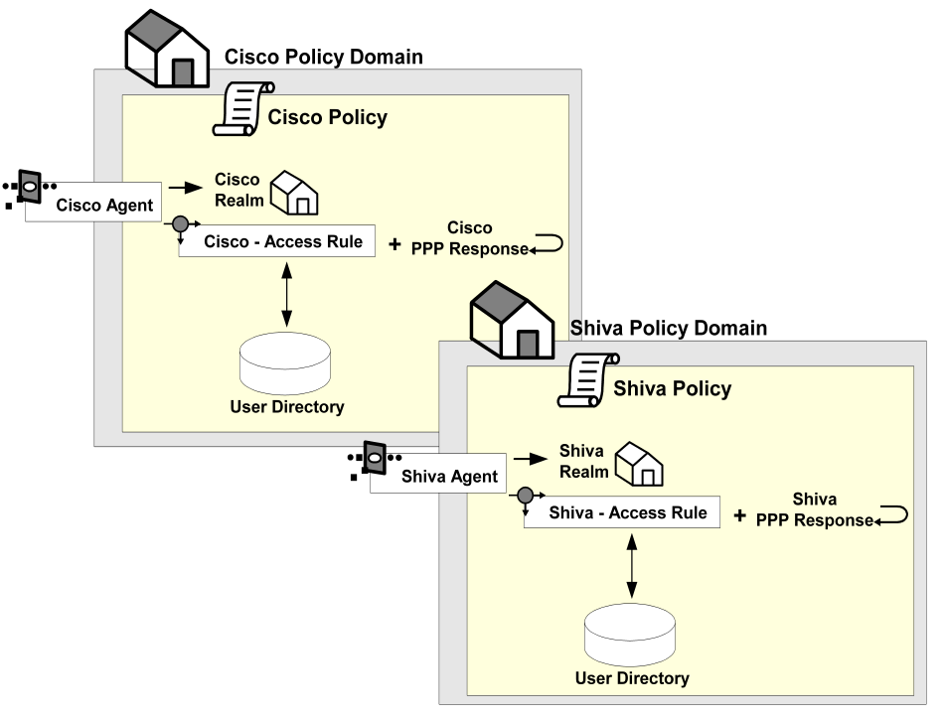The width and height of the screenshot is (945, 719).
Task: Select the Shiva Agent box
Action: tap(437, 476)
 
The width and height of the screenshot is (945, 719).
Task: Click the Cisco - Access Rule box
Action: tap(276, 241)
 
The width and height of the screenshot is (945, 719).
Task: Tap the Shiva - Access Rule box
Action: tap(621, 512)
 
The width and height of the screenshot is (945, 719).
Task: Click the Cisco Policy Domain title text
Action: tap(324, 57)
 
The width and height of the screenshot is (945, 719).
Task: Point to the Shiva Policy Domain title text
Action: tap(669, 328)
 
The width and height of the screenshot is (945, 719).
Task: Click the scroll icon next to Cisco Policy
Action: tap(241, 108)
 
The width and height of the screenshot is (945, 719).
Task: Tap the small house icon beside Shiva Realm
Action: tap(639, 463)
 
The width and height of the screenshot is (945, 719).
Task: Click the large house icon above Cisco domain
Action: tap(167, 54)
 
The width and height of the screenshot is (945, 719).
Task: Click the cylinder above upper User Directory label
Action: tap(286, 362)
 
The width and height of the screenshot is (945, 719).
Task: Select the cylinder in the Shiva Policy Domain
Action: tap(631, 634)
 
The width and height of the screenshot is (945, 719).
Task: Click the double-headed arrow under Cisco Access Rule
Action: tap(287, 295)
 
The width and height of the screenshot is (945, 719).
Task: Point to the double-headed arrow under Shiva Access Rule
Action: tap(632, 565)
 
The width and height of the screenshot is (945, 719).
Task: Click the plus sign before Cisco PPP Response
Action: tap(394, 244)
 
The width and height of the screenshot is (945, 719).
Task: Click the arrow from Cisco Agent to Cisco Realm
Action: tap(184, 187)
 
